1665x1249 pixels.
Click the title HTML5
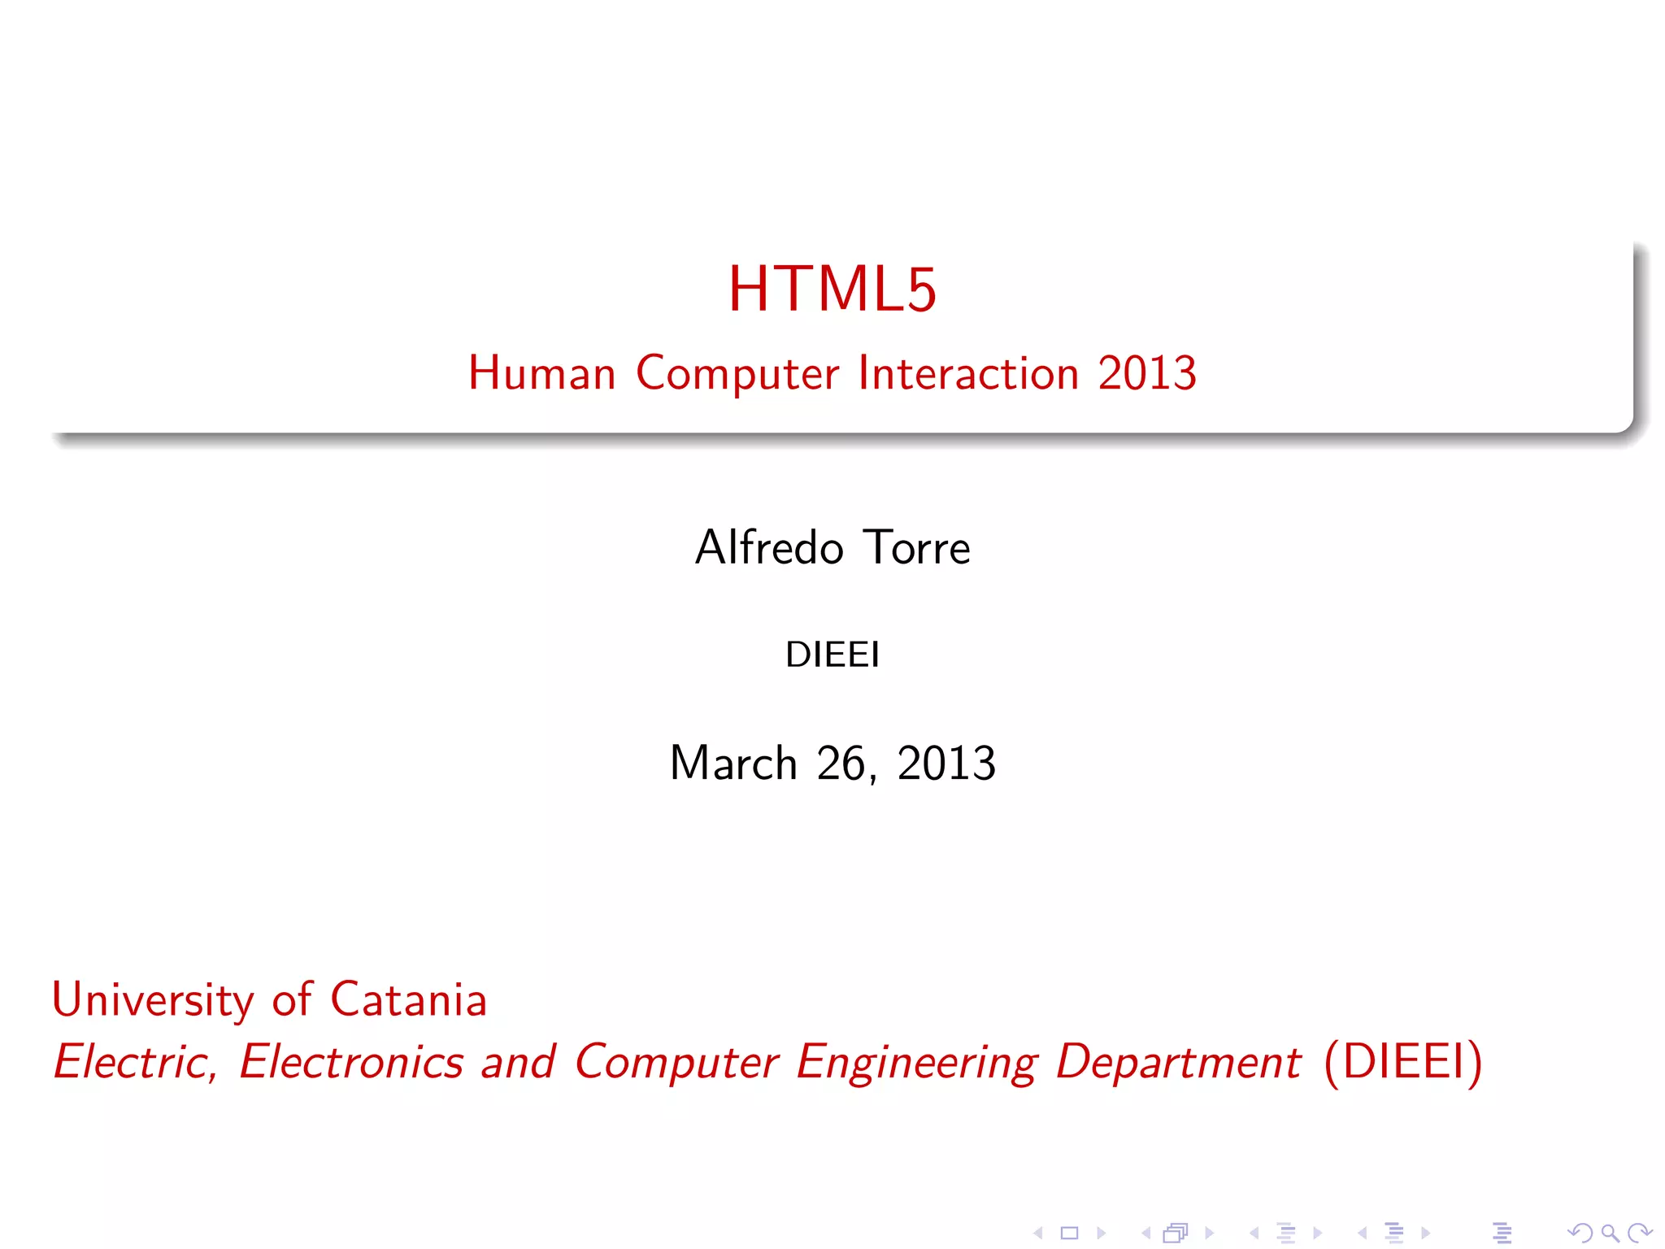832,289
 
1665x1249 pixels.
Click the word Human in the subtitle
541,374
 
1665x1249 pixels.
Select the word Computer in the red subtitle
737,374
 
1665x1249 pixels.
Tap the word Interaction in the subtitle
968,374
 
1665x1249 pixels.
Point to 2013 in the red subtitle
1147,374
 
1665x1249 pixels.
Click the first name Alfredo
769,547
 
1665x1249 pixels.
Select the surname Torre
917,547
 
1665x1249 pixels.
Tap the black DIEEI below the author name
832,655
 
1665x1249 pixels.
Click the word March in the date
733,764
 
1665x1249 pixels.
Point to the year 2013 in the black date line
946,764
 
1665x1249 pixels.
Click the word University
153,1000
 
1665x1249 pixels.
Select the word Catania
408,1000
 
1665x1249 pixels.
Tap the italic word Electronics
351,1062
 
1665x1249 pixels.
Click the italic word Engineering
916,1062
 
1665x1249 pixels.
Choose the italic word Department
1178,1062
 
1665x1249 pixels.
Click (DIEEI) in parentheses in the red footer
1403,1062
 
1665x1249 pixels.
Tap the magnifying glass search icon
1609,1234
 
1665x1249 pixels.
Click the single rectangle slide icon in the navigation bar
1069,1234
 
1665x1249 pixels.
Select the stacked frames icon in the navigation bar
1176,1234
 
